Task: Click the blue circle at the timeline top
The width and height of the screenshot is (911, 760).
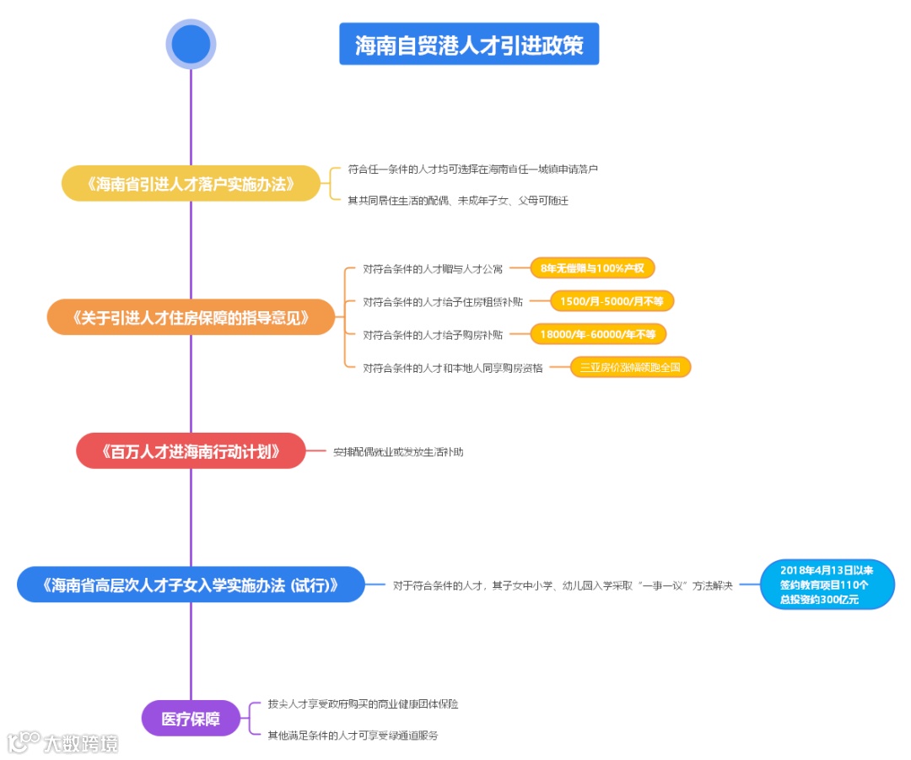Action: coord(191,44)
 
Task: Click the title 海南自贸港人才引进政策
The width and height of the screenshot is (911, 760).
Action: coord(469,45)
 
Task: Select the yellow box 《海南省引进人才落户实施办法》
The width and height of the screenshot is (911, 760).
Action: coord(191,184)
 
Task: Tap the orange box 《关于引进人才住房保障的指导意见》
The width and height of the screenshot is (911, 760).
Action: coord(191,318)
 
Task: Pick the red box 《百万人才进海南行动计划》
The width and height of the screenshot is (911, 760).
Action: coord(191,450)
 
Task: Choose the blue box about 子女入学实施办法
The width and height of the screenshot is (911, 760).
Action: coord(191,585)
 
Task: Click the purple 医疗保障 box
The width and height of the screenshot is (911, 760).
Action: coord(191,719)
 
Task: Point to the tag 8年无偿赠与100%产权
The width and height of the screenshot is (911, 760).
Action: coord(592,268)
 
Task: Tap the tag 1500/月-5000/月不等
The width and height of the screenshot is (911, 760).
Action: coord(612,301)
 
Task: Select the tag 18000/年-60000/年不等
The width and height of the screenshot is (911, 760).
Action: coord(597,334)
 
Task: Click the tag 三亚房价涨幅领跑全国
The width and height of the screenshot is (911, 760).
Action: coord(630,367)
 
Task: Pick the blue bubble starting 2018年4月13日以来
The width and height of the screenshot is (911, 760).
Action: coord(826,585)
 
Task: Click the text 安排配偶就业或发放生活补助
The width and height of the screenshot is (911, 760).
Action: coord(397,452)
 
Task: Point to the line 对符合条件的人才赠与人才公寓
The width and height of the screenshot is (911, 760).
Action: coord(433,269)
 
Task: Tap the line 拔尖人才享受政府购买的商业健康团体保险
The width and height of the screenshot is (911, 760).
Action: coord(363,703)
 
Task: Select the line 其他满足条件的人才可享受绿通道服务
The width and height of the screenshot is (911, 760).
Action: coord(353,736)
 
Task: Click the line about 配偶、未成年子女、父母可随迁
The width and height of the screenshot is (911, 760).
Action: coord(458,201)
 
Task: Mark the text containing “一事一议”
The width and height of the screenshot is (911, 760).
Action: coord(563,585)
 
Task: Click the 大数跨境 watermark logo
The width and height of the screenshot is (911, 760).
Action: coord(63,742)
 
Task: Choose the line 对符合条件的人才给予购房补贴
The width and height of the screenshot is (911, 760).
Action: coord(433,335)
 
